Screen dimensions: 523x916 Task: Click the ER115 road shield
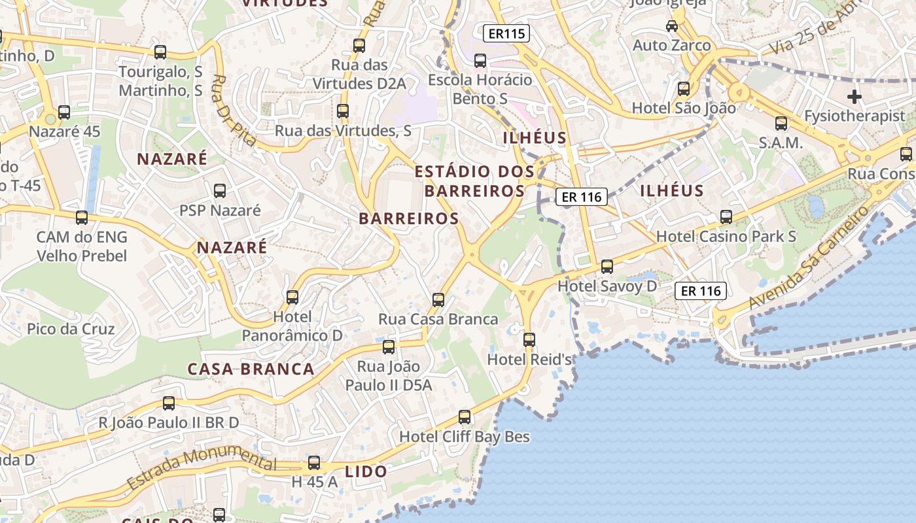click(507, 33)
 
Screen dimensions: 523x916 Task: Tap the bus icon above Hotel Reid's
click(529, 340)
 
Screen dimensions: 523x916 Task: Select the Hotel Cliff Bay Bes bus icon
click(465, 416)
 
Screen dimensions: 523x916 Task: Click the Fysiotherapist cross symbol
click(854, 97)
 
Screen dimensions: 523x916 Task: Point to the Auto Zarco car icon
click(672, 26)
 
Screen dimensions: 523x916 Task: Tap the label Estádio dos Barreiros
click(475, 181)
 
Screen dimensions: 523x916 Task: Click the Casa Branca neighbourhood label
click(251, 369)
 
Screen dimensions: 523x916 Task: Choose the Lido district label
click(366, 471)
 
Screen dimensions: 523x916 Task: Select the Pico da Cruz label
click(71, 329)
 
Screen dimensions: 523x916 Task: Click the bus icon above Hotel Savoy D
click(607, 267)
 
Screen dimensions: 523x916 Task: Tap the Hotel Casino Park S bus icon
click(726, 217)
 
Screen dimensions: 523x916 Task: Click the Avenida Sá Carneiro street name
click(809, 258)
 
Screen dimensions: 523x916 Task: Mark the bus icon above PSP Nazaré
click(220, 191)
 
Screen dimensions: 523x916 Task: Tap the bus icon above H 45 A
click(314, 463)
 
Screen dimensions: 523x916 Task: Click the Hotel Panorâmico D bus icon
click(292, 297)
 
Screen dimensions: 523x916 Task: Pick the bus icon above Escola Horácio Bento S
click(480, 61)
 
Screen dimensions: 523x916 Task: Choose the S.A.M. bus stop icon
click(781, 124)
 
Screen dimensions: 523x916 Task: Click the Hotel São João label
click(684, 108)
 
